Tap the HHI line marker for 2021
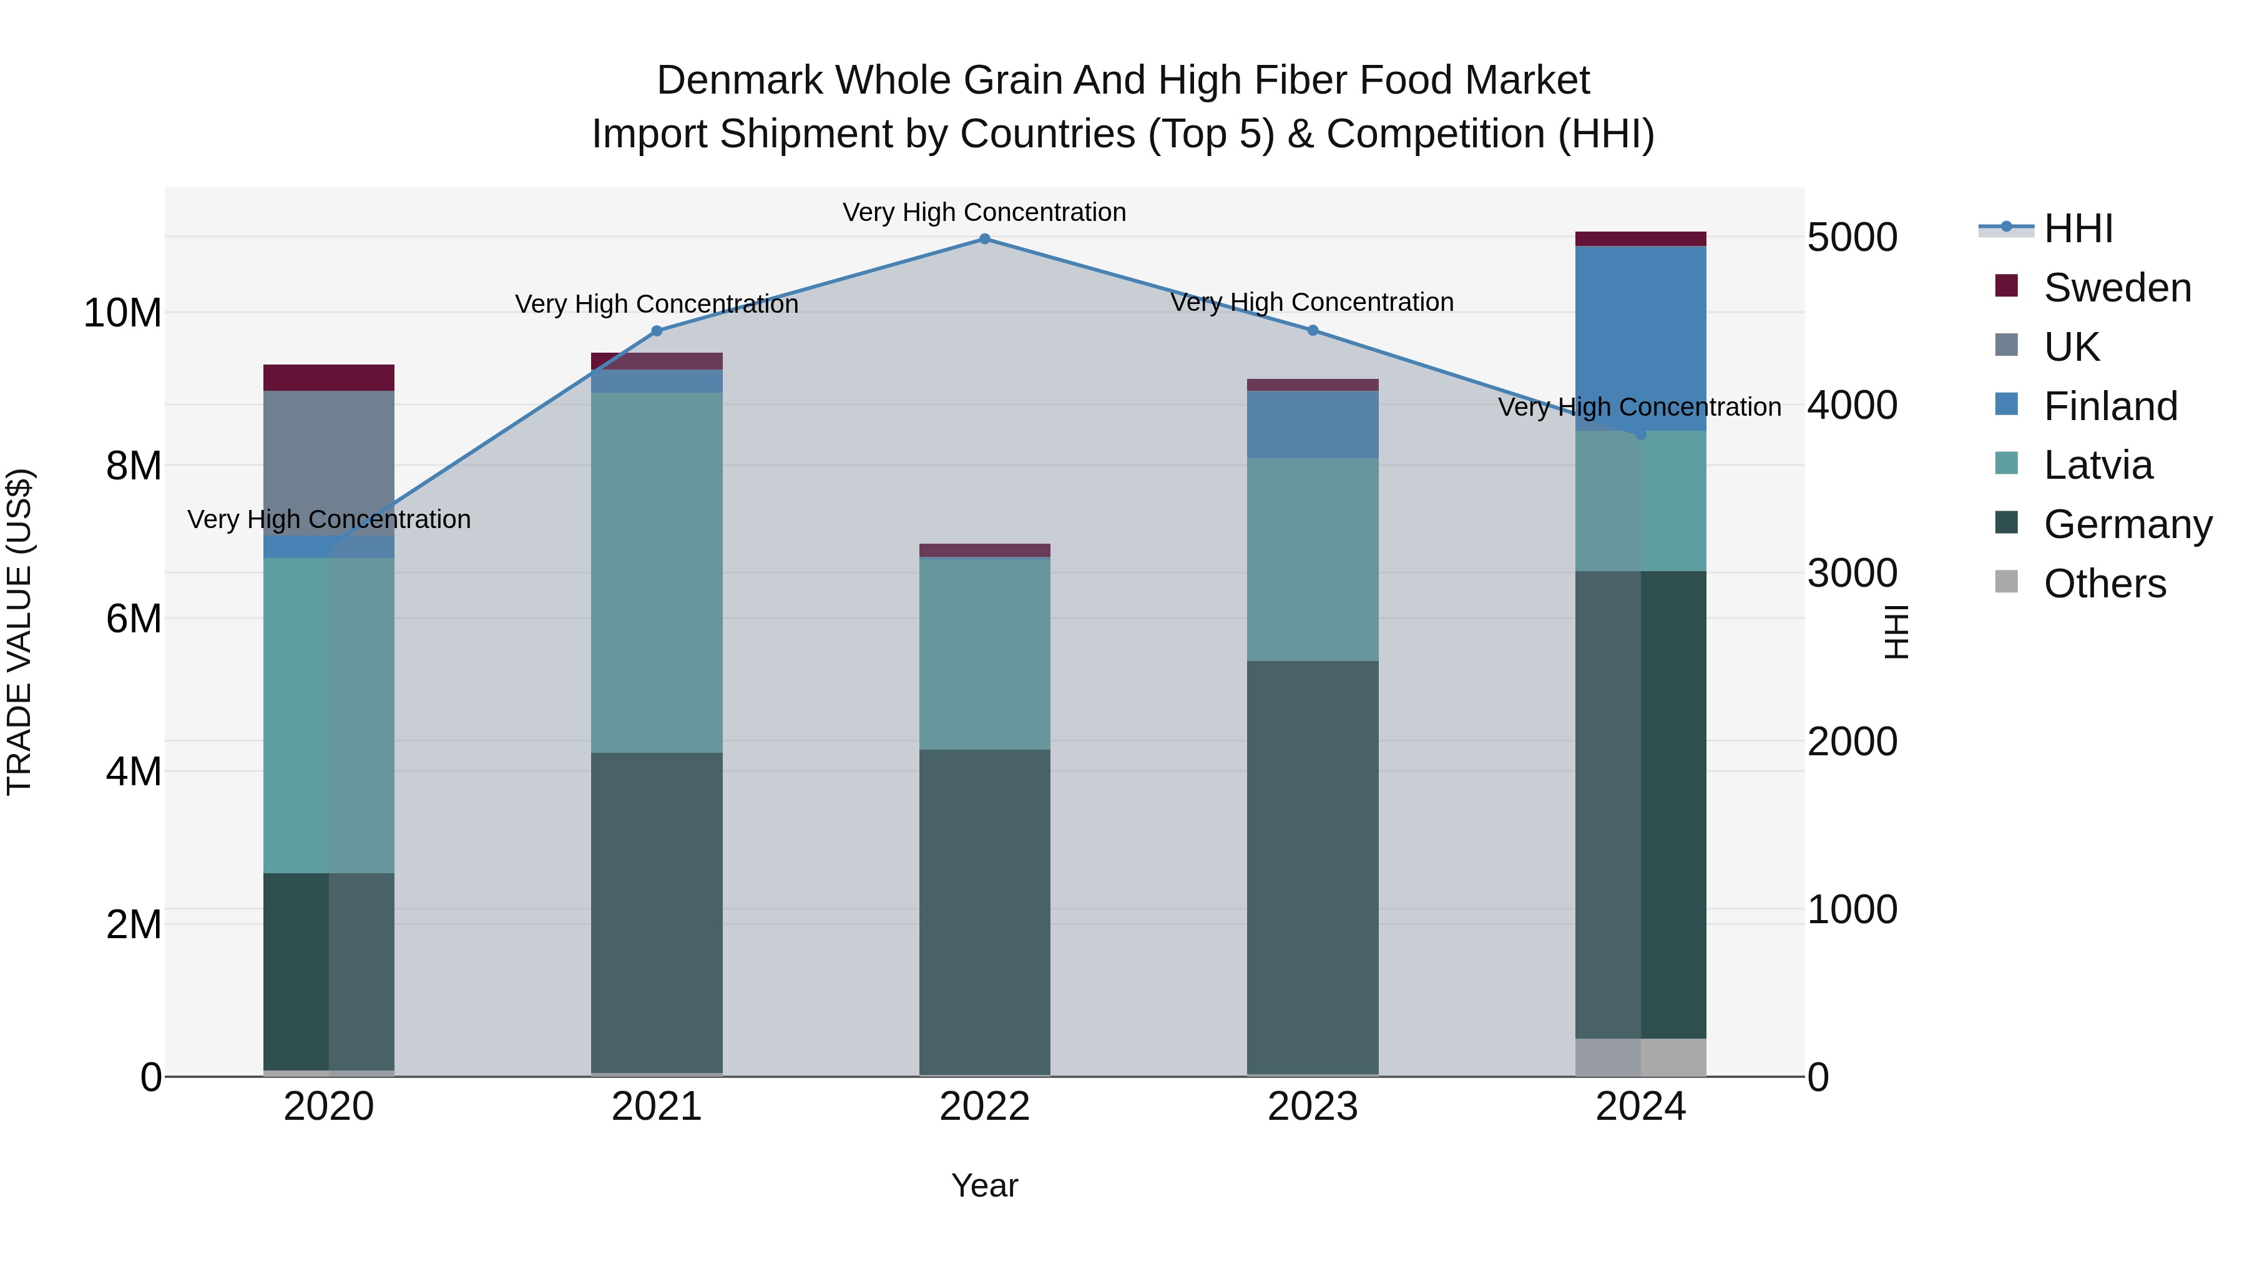(x=657, y=331)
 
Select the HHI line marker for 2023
(x=1313, y=331)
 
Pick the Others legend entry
(x=2104, y=584)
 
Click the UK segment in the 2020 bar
(x=329, y=463)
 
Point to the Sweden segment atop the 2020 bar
(x=329, y=378)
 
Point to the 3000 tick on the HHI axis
(x=1852, y=573)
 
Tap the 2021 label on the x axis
(x=657, y=1107)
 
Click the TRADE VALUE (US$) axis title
(x=19, y=632)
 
